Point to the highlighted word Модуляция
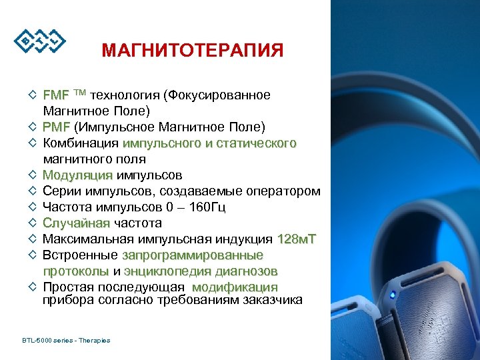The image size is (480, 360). coord(77,175)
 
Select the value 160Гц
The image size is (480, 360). coord(207,207)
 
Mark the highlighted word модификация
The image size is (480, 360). coord(235,287)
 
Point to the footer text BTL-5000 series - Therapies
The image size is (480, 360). coord(66,341)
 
